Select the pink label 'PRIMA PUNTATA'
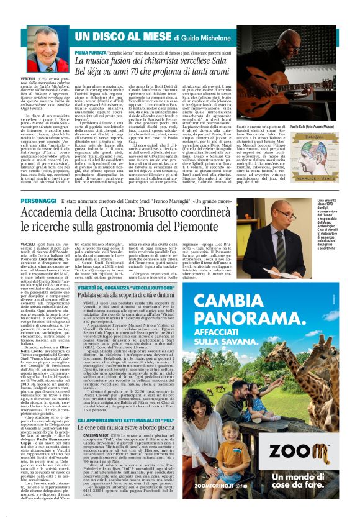pyautogui.click(x=89, y=55)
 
